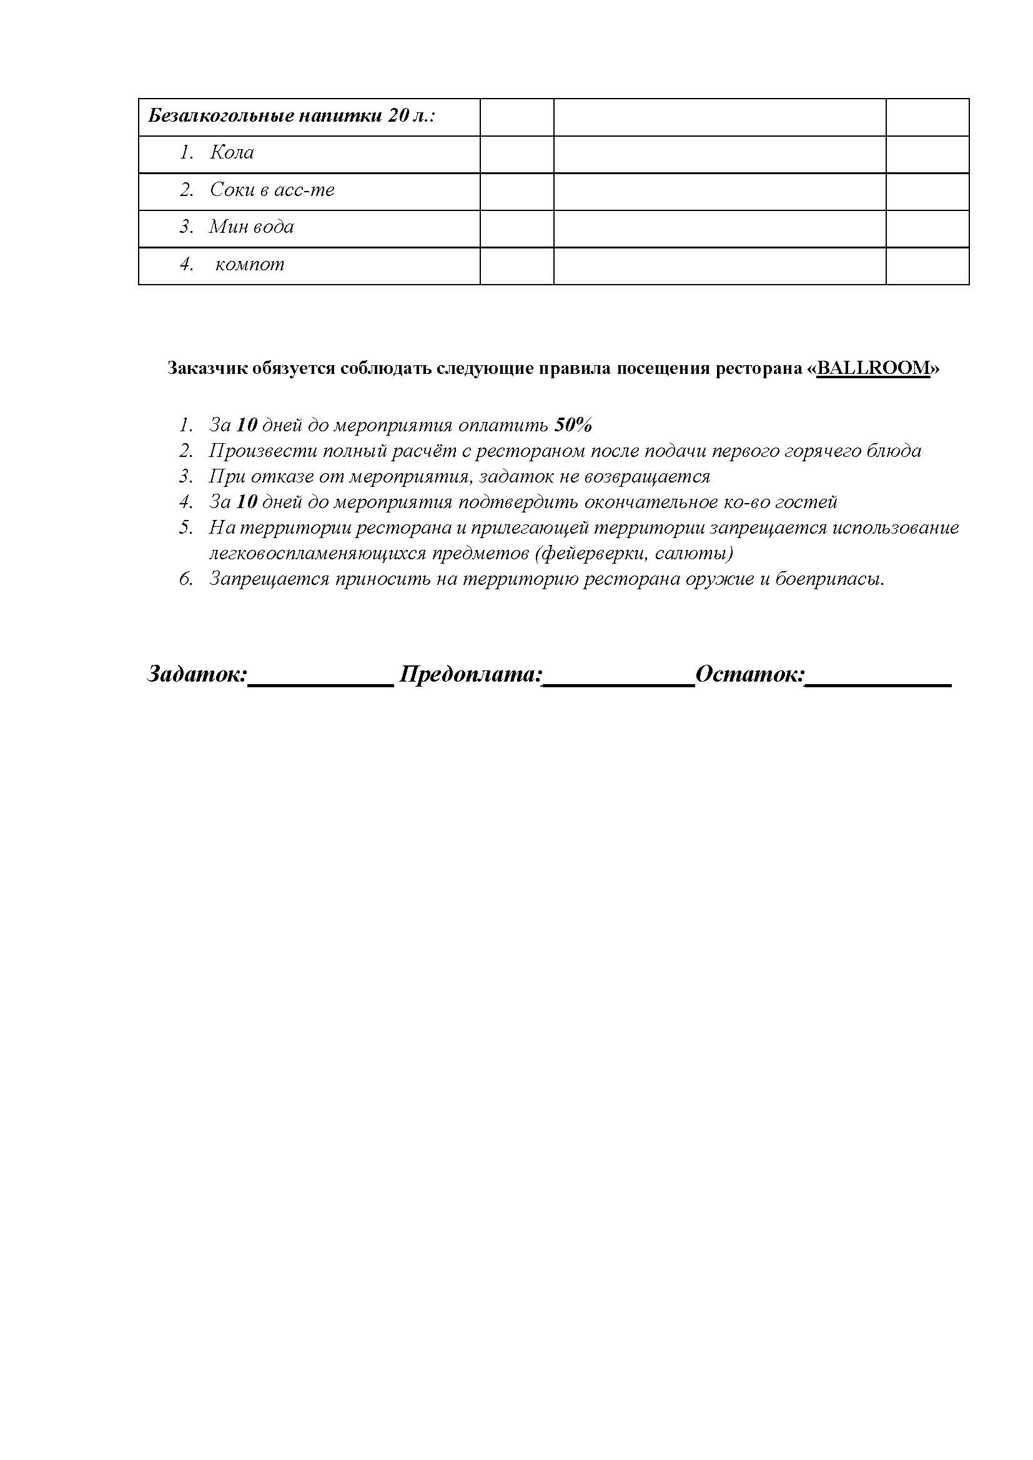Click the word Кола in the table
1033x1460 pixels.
click(x=232, y=152)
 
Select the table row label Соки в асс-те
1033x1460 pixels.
click(x=272, y=190)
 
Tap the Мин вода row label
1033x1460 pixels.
click(x=251, y=227)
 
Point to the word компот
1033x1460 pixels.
click(x=249, y=264)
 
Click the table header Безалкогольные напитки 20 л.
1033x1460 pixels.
click(x=291, y=116)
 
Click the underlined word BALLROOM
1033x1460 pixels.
click(x=873, y=368)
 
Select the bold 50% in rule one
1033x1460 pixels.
click(x=574, y=425)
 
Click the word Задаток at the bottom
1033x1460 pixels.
click(x=197, y=674)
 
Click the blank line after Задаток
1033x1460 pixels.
click(x=320, y=683)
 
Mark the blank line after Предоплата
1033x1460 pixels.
click(x=618, y=683)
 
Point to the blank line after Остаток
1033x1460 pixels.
click(x=879, y=683)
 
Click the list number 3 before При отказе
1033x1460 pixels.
click(x=185, y=476)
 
